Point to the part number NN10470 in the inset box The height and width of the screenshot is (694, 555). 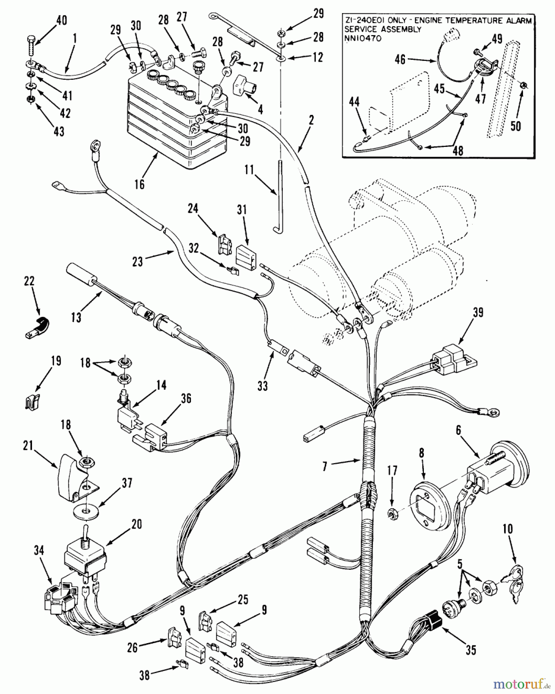[361, 38]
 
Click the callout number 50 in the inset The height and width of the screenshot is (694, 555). [516, 126]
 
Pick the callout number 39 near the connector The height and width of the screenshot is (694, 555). [477, 313]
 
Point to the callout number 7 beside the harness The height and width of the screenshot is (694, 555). [325, 467]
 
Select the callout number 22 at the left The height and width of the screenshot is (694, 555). [29, 281]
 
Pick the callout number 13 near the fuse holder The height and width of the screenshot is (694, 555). [76, 318]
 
